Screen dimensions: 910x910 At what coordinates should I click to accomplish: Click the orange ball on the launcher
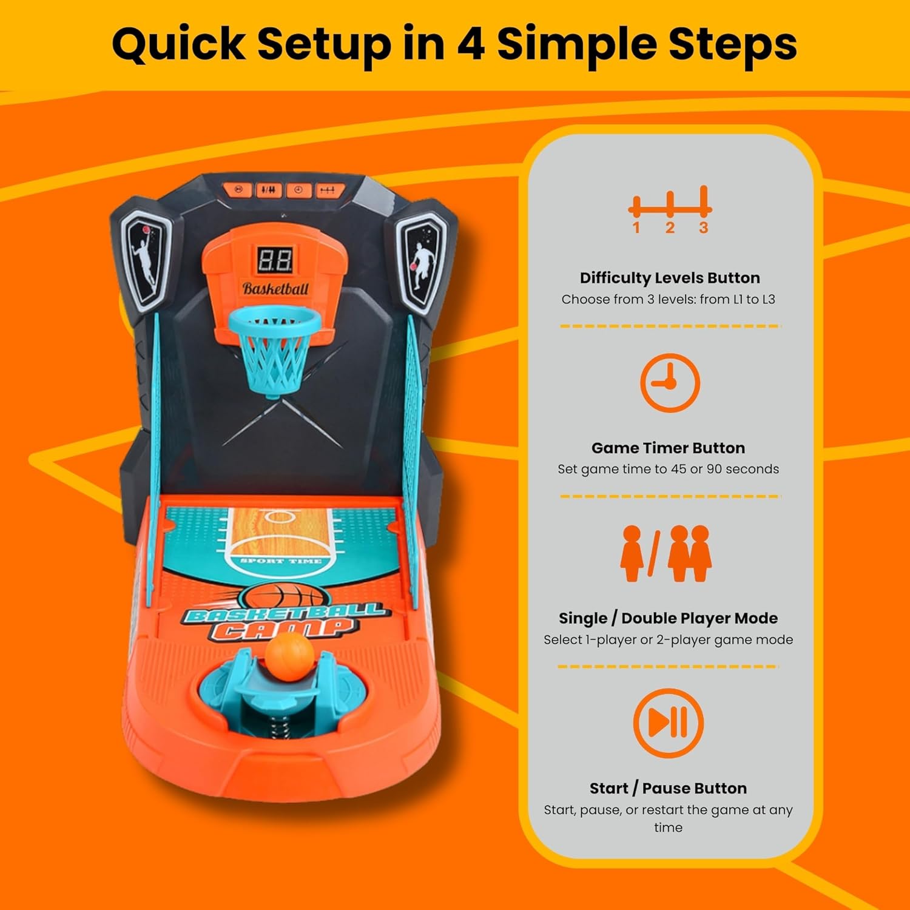289,656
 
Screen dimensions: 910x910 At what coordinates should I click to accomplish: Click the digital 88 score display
275,260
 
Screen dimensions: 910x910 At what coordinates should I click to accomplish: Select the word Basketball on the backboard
275,289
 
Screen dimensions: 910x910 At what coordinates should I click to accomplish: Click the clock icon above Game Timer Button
669,383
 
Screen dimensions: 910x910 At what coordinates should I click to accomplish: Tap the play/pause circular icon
668,723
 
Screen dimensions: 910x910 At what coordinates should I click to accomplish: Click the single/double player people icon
666,553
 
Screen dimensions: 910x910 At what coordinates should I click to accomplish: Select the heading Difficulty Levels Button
669,278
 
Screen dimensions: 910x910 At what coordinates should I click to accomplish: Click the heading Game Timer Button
668,448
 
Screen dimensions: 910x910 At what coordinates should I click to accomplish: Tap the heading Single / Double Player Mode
668,618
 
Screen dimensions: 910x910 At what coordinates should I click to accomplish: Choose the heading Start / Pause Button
668,788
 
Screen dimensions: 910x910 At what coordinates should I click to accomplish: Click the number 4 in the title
470,44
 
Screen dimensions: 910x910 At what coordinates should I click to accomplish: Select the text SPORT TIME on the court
280,561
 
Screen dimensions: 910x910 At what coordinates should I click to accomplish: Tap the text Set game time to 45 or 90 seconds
668,469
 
